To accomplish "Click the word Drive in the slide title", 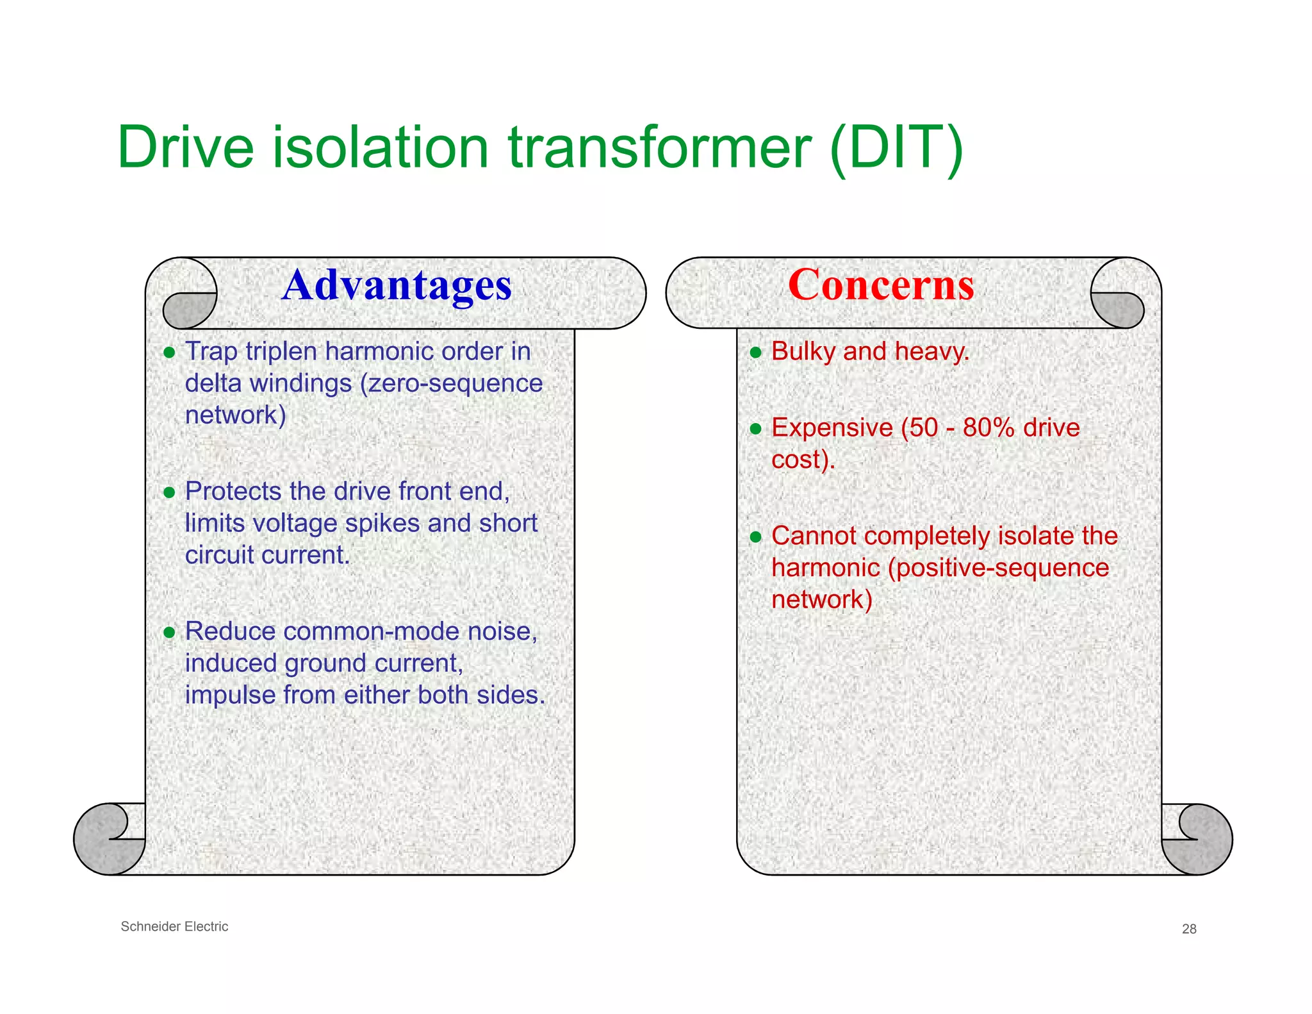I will pos(186,147).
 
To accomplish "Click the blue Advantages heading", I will pos(397,285).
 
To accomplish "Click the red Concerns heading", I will pos(881,285).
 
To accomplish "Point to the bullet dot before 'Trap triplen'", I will pos(169,353).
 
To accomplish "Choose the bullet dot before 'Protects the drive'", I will pos(169,492).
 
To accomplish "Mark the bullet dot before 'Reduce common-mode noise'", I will pos(169,633).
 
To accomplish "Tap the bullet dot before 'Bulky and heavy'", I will pos(756,353).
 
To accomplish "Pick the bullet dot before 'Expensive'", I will pos(756,429).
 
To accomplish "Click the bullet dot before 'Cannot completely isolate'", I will pos(756,536).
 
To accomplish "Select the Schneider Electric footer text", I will pos(174,926).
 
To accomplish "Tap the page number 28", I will pos(1189,929).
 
